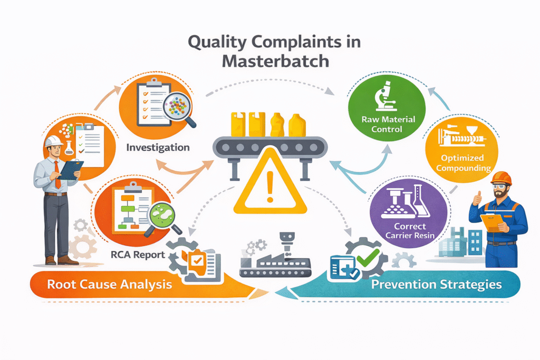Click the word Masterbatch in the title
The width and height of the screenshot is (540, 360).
275,61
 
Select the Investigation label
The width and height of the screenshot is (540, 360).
158,148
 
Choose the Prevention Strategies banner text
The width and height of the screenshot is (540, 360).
436,285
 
